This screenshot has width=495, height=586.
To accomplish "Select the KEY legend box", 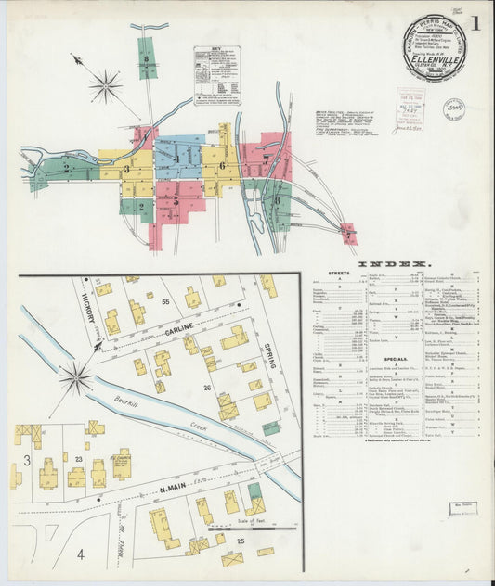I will (x=216, y=75).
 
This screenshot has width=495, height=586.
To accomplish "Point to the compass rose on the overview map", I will (x=105, y=86).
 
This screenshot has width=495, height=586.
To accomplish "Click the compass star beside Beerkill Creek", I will (x=75, y=378).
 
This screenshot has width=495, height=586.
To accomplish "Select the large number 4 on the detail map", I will (x=80, y=554).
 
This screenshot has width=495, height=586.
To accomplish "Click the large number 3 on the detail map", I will (x=28, y=461).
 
